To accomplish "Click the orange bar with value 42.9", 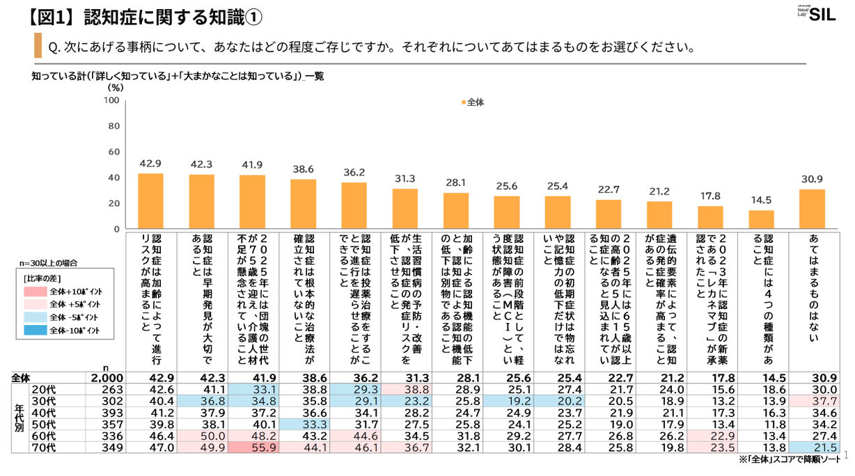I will point(150,201).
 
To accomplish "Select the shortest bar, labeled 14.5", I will point(761,219).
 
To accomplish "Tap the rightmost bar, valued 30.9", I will point(812,209).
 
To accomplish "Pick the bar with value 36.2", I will point(354,205).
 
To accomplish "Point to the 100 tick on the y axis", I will point(111,101).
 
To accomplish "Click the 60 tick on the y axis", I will point(113,152).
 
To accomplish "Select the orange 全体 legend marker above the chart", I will point(462,102).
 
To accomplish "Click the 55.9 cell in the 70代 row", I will point(252,448).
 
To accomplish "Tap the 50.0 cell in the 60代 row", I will point(201,436).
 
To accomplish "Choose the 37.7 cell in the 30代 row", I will point(812,401).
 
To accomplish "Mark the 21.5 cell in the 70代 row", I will point(812,448).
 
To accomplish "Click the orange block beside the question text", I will point(38,46).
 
